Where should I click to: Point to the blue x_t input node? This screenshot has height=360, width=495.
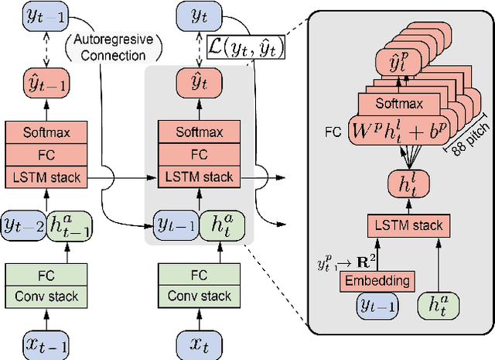(200, 341)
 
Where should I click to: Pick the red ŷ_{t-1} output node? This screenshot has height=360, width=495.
(48, 81)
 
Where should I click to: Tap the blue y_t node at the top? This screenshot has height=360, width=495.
(200, 15)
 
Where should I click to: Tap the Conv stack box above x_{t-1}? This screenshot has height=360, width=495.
(48, 295)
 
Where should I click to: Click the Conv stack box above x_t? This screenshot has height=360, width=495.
(200, 295)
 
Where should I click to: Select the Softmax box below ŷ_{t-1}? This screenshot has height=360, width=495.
(48, 132)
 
